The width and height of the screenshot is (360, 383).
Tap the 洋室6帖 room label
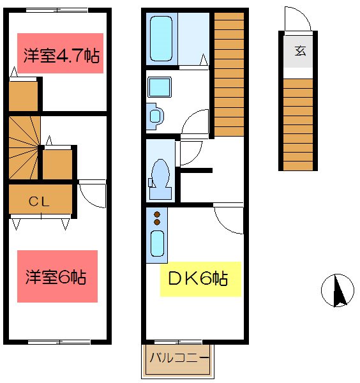tap(57, 276)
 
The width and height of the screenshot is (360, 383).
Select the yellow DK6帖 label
tap(200, 279)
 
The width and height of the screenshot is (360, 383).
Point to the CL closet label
tap(40, 200)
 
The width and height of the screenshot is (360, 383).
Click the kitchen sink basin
tap(156, 243)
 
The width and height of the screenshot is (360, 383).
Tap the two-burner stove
tap(156, 218)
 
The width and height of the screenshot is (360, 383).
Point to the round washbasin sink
tap(154, 115)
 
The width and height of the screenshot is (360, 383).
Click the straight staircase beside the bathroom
tap(229, 73)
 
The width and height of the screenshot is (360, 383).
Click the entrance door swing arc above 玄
tap(298, 19)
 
